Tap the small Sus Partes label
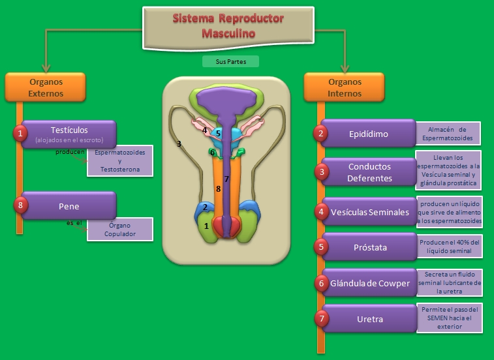(230, 62)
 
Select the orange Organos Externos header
(46, 88)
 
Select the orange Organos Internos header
(345, 88)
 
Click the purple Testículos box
(69, 134)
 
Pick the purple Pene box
(69, 205)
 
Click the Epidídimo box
(368, 134)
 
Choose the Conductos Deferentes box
(369, 172)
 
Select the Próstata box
(368, 247)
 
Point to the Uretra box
(369, 319)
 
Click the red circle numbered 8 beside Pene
(21, 205)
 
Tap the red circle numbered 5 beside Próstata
(320, 247)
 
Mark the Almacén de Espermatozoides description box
(448, 134)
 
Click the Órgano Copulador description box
(119, 230)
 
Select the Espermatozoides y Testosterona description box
(120, 160)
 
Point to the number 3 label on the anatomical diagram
(178, 144)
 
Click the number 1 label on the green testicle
(207, 226)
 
